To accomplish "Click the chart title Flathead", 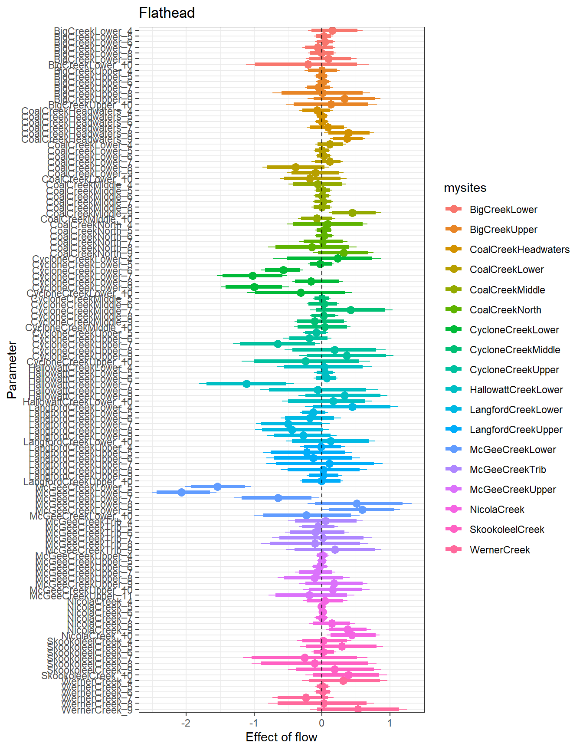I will click(167, 13).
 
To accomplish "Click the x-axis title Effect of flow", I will click(281, 737).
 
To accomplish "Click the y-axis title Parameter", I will click(12, 370).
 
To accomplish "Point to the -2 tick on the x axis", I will click(186, 723).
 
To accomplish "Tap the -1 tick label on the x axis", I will click(254, 723).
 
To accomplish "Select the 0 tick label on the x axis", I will click(321, 723).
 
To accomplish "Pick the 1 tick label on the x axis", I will click(390, 723).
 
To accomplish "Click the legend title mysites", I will click(465, 188).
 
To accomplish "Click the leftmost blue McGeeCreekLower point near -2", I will click(182, 492).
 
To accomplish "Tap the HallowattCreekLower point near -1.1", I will click(246, 384).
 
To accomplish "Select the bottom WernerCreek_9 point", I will click(358, 709).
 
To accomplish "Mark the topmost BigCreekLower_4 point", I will click(332, 30).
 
